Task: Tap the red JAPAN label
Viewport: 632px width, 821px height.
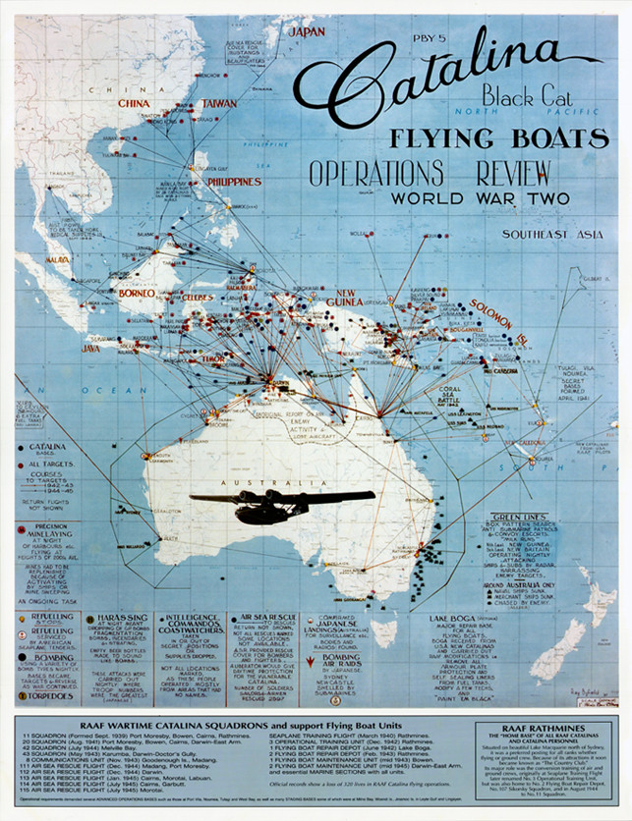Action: pos(305,32)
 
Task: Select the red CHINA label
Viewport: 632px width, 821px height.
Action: pos(134,103)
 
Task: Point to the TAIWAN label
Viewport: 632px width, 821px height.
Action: pos(218,103)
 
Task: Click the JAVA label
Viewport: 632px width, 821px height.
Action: pos(90,348)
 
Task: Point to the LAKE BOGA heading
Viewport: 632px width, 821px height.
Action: pos(453,619)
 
